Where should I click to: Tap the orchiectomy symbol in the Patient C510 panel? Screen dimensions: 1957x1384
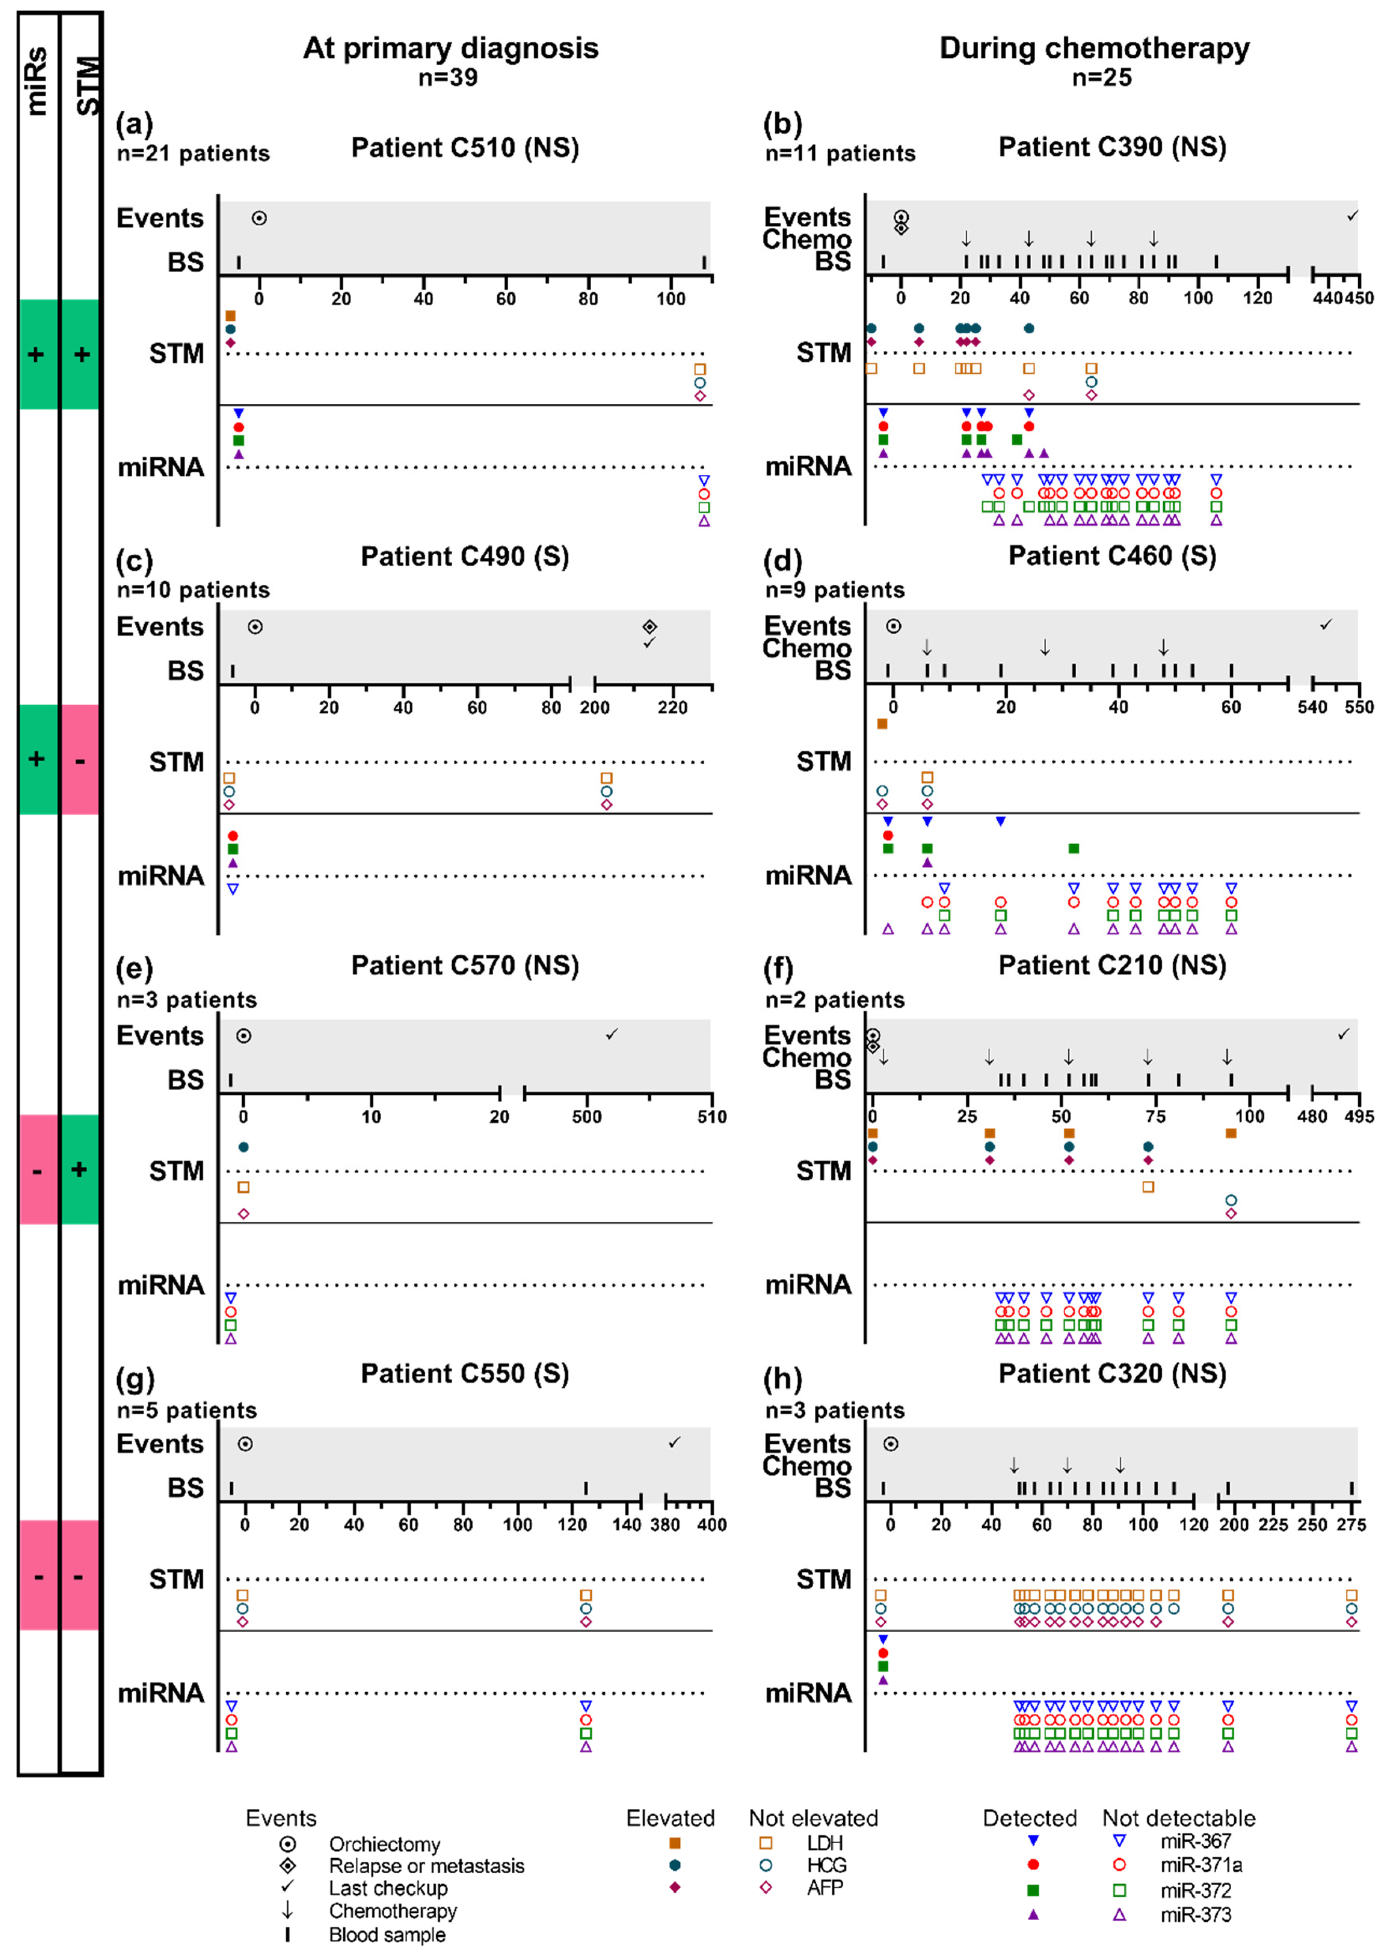[x=259, y=218]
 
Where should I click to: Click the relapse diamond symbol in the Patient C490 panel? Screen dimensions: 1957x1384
[x=649, y=627]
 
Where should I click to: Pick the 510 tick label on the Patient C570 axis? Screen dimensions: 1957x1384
[x=712, y=1117]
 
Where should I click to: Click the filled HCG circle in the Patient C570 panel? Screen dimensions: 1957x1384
[x=244, y=1147]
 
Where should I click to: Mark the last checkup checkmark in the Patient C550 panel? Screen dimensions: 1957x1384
[x=674, y=1442]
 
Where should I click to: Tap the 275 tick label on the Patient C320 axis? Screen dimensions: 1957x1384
[x=1351, y=1525]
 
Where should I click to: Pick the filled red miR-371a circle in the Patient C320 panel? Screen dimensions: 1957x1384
[x=883, y=1653]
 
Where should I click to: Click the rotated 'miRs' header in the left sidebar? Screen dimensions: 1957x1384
[x=37, y=81]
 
